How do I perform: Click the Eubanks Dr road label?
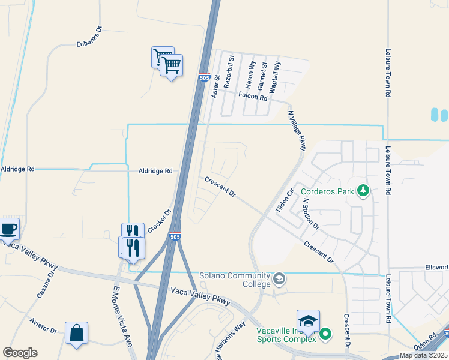90,44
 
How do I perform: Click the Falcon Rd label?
253,95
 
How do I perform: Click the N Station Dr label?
310,215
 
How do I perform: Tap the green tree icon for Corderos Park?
363,191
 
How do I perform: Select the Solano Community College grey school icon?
279,278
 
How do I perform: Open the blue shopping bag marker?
76,333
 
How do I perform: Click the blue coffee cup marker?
8,229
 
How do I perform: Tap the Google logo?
20,353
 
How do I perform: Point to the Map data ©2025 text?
423,355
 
